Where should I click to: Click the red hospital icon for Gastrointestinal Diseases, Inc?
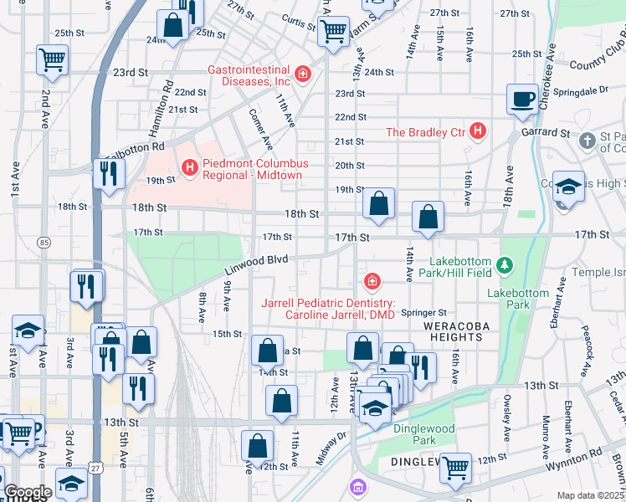302,74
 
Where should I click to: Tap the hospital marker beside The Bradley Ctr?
478,131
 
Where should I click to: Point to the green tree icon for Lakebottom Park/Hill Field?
505,266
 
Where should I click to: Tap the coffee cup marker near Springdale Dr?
522,100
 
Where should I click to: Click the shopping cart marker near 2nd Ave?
52,60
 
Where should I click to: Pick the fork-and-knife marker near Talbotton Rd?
109,173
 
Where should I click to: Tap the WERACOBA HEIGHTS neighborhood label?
453,330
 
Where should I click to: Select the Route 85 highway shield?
43,243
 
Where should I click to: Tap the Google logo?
28,492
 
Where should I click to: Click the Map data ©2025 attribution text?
590,495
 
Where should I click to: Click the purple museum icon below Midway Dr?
358,486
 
